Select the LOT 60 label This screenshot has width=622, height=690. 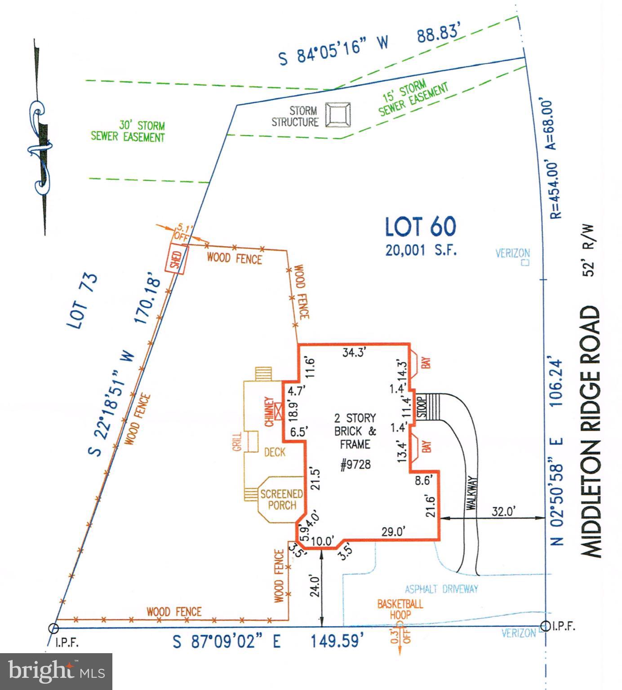(x=420, y=226)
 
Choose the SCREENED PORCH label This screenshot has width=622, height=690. (x=282, y=500)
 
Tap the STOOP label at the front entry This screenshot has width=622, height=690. (x=422, y=407)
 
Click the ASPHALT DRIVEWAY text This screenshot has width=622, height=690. (x=441, y=588)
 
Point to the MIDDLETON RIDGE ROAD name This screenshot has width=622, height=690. (x=591, y=431)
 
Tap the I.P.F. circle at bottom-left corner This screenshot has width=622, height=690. (x=53, y=628)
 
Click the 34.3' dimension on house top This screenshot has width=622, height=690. (x=355, y=353)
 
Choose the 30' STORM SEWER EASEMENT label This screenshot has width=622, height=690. (x=128, y=131)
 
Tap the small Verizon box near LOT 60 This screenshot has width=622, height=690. (x=524, y=262)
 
